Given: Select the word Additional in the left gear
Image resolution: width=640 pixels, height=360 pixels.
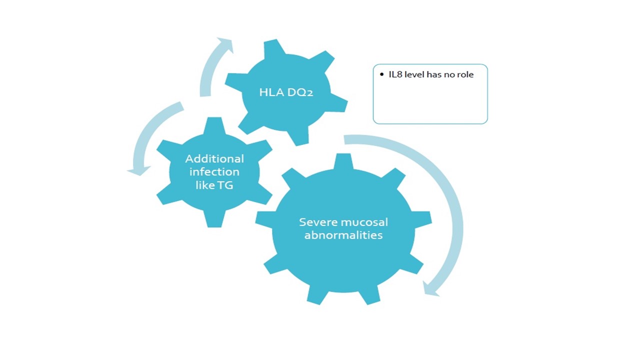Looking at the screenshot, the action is pos(214,159).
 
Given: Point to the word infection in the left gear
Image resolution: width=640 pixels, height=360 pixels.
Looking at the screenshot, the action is pos(214,172).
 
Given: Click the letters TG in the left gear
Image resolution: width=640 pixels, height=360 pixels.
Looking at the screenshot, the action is pos(225,185).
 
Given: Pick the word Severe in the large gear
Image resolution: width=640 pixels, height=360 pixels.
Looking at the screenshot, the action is pos(318,222).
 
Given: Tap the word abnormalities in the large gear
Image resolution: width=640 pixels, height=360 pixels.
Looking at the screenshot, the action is pos(343,235).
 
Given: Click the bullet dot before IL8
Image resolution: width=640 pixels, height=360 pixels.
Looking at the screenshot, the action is pos(381,74).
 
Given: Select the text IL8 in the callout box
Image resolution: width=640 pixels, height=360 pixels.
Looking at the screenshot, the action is pos(395,74).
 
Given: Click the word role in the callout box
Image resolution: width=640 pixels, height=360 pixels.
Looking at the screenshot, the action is pos(465,75).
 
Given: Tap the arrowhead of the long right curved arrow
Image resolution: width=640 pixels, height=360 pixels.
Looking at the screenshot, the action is pos(430,289).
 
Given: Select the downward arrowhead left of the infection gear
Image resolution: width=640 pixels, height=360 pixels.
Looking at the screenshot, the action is pos(139,170).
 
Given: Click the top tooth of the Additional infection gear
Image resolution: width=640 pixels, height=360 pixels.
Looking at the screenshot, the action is pos(214,125).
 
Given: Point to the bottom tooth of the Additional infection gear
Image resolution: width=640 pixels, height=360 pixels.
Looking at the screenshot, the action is pos(214,219).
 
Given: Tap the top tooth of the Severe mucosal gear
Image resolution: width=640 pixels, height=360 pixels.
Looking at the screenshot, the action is pos(343,161).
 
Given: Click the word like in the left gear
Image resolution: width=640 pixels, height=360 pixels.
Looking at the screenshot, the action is pos(205,185).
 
